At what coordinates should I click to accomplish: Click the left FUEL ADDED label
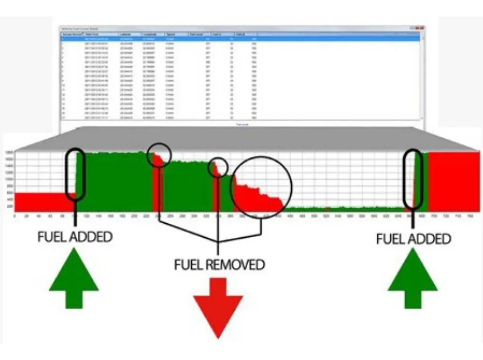(x=75, y=237)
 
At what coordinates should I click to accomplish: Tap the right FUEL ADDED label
(x=413, y=238)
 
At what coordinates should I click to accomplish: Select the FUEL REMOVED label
(x=220, y=264)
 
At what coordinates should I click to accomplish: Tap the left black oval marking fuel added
(x=75, y=174)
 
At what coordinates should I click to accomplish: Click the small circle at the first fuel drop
(x=159, y=155)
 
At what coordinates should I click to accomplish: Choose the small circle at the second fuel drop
(x=218, y=167)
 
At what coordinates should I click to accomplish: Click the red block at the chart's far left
(x=41, y=202)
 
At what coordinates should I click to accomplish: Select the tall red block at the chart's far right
(x=454, y=182)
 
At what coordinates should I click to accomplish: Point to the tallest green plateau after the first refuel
(x=116, y=181)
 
